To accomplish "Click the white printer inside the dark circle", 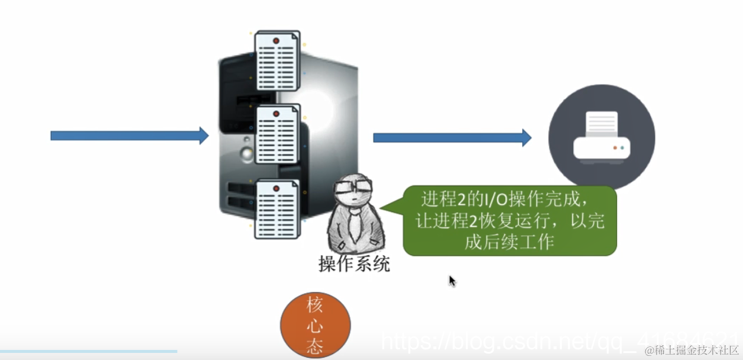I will [602, 137].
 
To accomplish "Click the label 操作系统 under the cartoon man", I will [354, 264].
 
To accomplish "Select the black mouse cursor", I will [452, 281].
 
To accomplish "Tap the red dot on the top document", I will [276, 40].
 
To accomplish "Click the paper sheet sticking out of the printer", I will [602, 124].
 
